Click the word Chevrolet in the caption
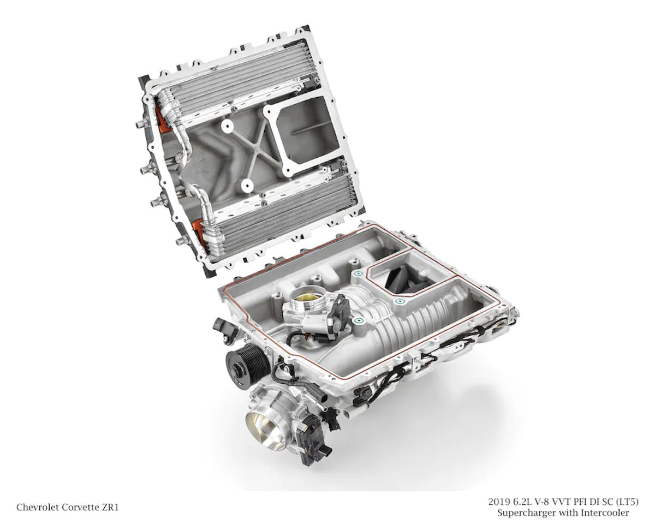pos(37,508)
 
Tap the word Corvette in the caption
pos(80,508)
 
